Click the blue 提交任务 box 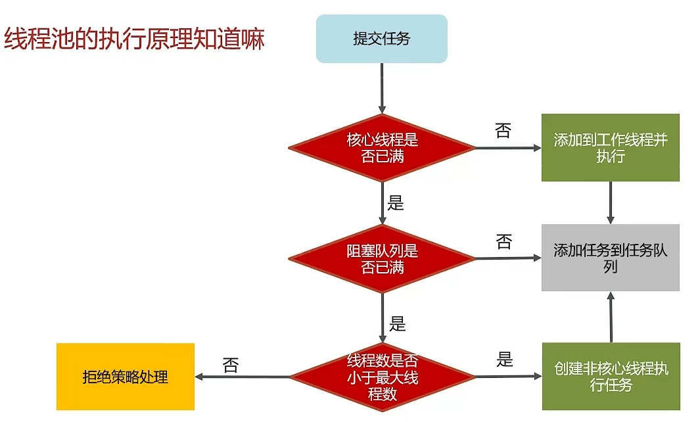381,39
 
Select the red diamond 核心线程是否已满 382,148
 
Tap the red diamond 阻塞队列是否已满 382,259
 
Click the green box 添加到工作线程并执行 610,148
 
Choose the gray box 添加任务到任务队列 610,258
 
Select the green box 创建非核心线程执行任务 611,377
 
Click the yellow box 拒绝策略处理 126,377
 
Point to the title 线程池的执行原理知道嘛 134,39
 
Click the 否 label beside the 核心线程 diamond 503,131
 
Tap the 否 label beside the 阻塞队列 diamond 503,242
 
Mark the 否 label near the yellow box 231,365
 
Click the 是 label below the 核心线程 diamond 396,203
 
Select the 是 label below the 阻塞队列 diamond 397,323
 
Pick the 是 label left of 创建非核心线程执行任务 504,360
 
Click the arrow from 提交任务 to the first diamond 382,88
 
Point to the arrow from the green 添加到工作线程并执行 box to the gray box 611,202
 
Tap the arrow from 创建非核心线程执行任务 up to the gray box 611,317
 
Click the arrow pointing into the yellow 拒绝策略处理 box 243,377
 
